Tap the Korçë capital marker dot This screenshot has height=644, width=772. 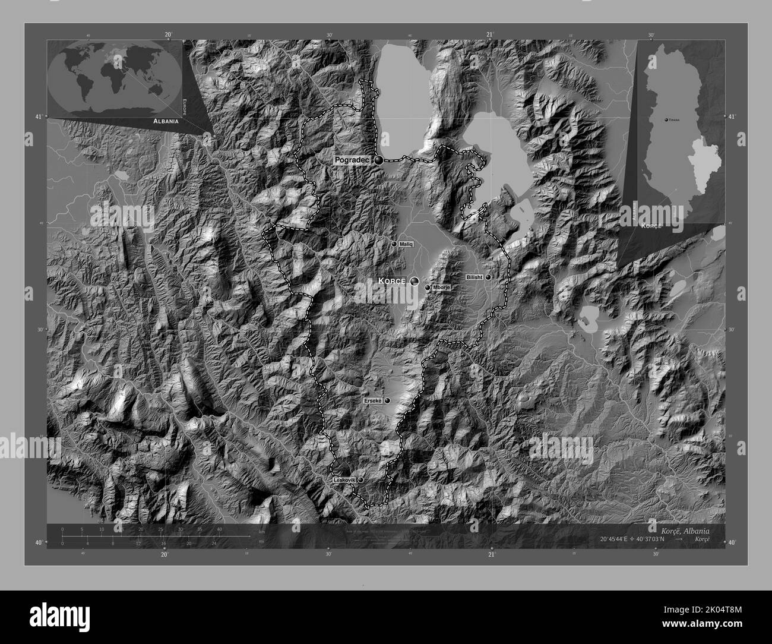tap(415, 281)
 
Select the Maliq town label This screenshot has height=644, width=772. tap(406, 244)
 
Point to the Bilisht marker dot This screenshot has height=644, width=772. tap(488, 277)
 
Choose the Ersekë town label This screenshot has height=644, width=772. tap(374, 402)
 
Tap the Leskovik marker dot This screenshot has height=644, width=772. tap(360, 480)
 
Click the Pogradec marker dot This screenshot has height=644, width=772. tap(378, 159)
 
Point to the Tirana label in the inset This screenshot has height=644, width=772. tap(673, 119)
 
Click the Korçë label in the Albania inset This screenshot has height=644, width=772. tap(651, 226)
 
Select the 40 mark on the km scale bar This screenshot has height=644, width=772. tap(219, 529)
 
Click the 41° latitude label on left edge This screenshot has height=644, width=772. tap(39, 116)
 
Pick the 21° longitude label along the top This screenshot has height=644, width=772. tap(490, 34)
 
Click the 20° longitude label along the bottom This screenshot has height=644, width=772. tap(164, 554)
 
